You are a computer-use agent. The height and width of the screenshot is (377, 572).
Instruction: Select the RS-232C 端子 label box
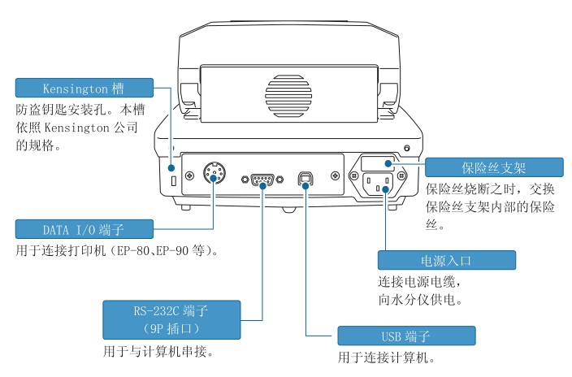click(x=171, y=318)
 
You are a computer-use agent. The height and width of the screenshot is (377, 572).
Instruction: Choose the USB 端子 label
click(x=405, y=336)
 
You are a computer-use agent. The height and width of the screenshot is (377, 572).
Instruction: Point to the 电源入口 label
click(x=446, y=260)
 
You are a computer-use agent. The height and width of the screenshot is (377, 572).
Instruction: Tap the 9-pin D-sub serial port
click(x=261, y=178)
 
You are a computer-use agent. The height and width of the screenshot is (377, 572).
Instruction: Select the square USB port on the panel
click(x=305, y=179)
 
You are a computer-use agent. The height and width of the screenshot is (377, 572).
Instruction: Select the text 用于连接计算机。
click(x=387, y=357)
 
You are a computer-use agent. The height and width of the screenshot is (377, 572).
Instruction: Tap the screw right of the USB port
click(x=333, y=175)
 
